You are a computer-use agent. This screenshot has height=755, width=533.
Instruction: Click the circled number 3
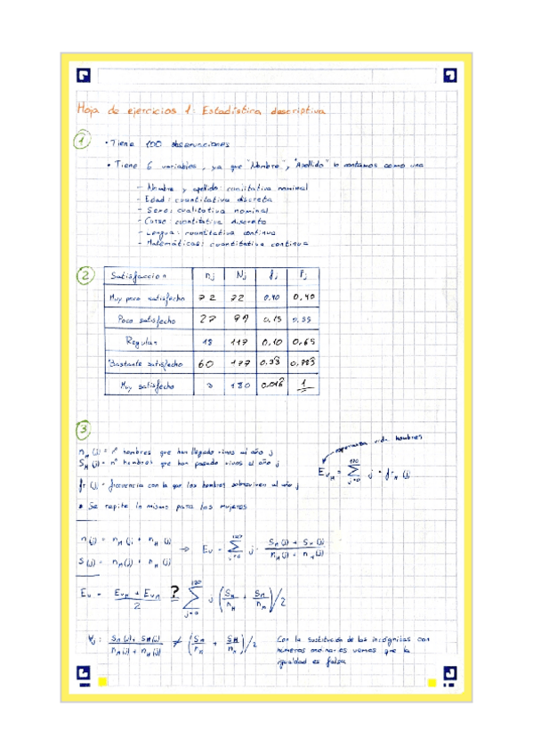(84, 431)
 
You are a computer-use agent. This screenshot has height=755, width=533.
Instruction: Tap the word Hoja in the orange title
(90, 110)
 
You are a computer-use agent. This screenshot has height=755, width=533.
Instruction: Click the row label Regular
(142, 341)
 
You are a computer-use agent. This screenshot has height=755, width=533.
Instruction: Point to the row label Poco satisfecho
(148, 319)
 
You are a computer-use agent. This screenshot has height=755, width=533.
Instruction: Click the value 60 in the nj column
(206, 363)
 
